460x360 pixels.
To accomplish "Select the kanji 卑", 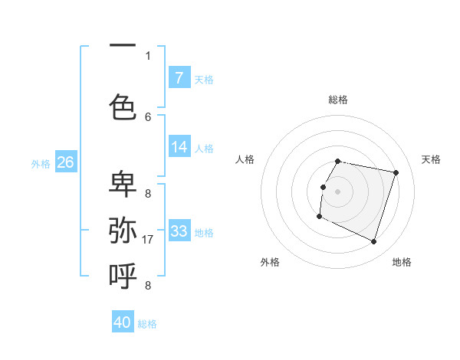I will pyautogui.click(x=123, y=184).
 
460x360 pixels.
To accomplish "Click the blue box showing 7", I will pyautogui.click(x=179, y=78).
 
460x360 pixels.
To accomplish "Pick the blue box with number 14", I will pyautogui.click(x=179, y=147).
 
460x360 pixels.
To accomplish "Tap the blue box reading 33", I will pyautogui.click(x=179, y=231).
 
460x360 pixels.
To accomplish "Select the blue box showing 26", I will pyautogui.click(x=65, y=162).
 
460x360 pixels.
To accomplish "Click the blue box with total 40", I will pyautogui.click(x=123, y=322).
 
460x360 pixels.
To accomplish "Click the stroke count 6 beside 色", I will pyautogui.click(x=148, y=116).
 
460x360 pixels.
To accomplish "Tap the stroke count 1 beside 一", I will pyautogui.click(x=148, y=55).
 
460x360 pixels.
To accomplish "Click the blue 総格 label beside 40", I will pyautogui.click(x=147, y=324).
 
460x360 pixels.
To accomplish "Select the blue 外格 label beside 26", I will pyautogui.click(x=41, y=164).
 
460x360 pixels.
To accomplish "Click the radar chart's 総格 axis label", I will pyautogui.click(x=338, y=100).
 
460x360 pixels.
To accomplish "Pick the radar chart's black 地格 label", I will pyautogui.click(x=402, y=262).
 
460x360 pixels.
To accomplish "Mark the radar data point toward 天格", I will pyautogui.click(x=396, y=173).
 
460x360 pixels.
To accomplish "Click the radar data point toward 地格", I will pyautogui.click(x=373, y=242).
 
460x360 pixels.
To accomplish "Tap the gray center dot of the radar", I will pyautogui.click(x=337, y=191).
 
